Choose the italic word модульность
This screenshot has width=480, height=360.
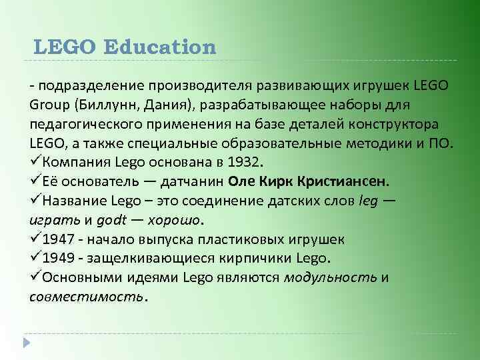pos(330,277)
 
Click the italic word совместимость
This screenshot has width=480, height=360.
pos(86,297)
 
